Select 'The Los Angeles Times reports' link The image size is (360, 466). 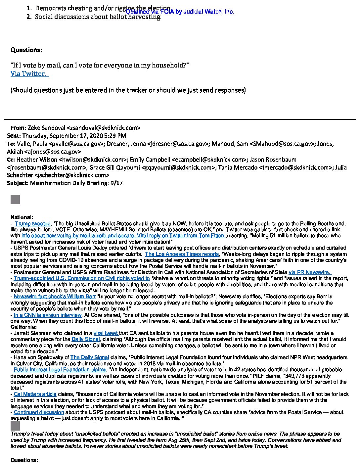coord(182,254)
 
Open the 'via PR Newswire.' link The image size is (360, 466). coord(309,272)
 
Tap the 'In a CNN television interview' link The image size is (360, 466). coord(47,315)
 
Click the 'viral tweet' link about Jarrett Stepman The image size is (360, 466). coord(106,333)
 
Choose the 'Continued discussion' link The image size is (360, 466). coord(39,412)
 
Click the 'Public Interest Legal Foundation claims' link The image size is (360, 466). coord(60,369)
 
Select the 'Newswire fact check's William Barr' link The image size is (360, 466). coord(55,296)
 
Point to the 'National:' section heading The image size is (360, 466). coord(22,217)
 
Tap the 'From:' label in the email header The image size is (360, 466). coord(18,128)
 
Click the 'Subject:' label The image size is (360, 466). coord(18,183)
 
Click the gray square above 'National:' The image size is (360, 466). coord(15,200)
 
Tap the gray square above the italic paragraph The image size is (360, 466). coord(15,426)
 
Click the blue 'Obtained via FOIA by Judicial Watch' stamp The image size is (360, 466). coord(180,12)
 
